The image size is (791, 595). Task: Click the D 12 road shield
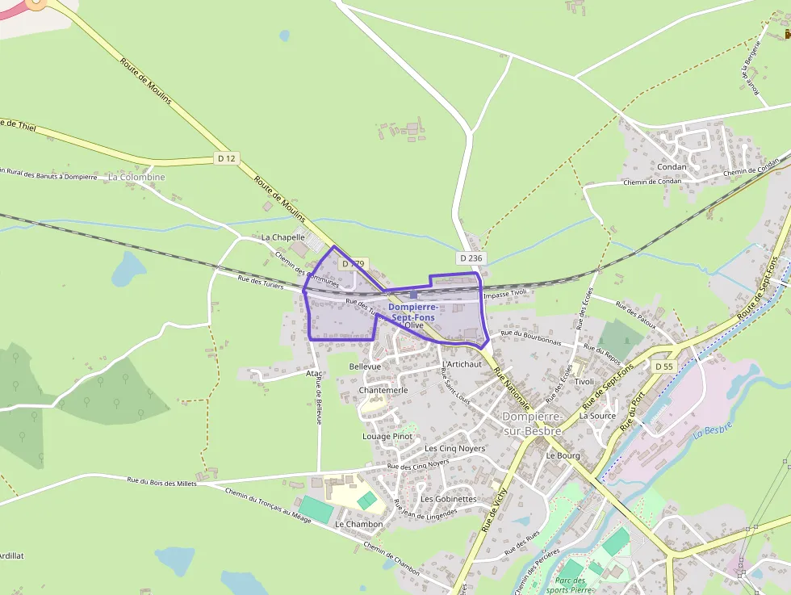226,158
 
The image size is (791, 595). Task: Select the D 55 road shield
663,367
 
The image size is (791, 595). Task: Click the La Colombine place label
136,177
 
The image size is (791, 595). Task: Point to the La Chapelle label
283,237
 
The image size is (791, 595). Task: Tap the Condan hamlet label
672,167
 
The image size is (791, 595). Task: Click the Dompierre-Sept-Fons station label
413,312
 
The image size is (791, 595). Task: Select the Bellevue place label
364,367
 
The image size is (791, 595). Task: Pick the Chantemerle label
383,390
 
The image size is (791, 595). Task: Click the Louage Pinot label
387,437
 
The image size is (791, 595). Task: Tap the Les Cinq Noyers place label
454,448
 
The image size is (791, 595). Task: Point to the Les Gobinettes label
448,499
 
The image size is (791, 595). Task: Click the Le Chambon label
358,524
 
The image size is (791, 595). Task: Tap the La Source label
597,417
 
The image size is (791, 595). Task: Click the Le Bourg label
563,455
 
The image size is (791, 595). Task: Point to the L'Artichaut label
462,364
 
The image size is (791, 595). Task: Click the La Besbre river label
712,429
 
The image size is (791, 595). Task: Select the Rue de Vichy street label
494,508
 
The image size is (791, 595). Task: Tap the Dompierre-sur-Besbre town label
532,423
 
